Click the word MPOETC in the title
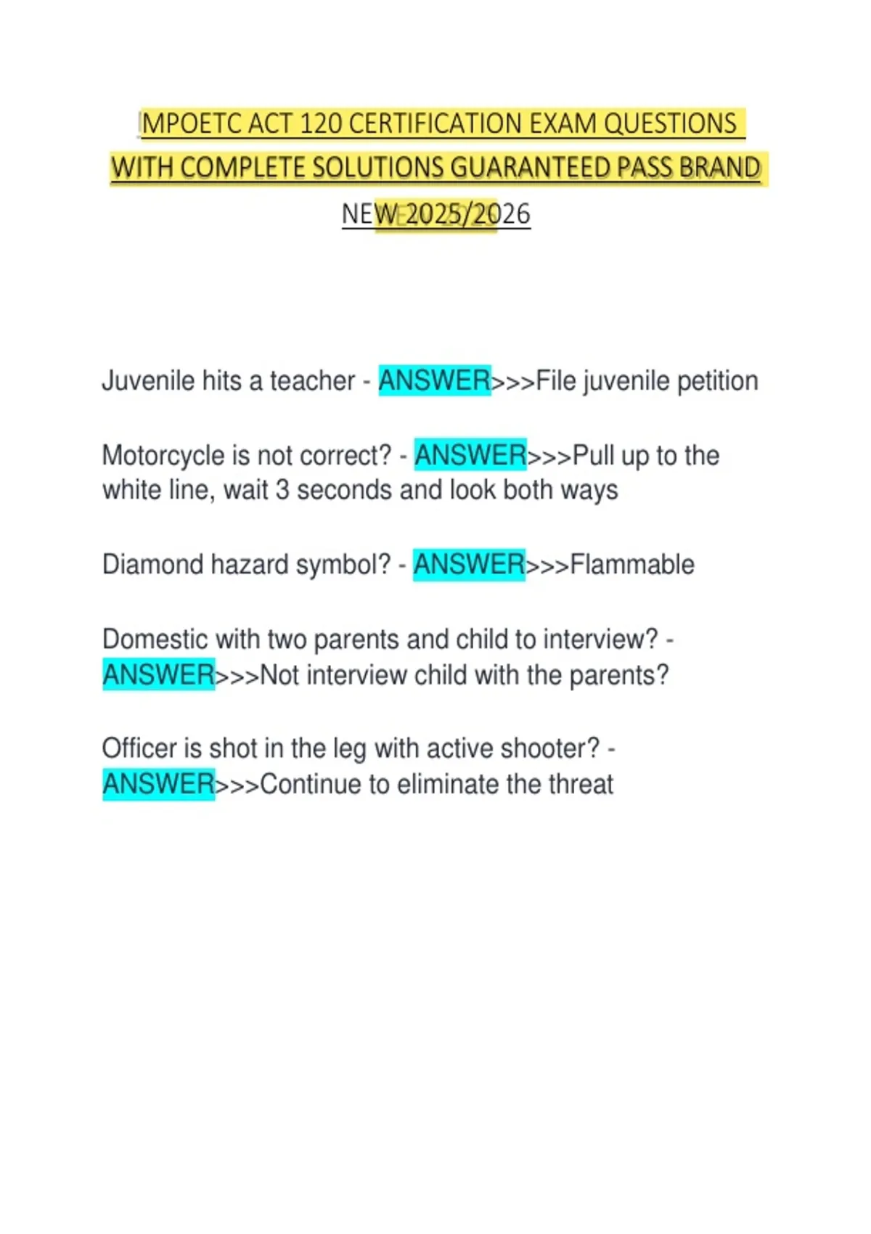[x=192, y=124]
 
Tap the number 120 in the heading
[x=320, y=124]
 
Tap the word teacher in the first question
[x=312, y=381]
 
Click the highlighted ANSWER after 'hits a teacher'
[x=434, y=381]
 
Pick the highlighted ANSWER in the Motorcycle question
[x=470, y=456]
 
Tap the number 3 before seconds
[x=282, y=491]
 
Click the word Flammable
[x=631, y=565]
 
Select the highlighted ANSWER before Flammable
[x=468, y=565]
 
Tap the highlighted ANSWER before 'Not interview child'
[x=158, y=675]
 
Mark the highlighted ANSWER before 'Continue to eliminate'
[x=158, y=785]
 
